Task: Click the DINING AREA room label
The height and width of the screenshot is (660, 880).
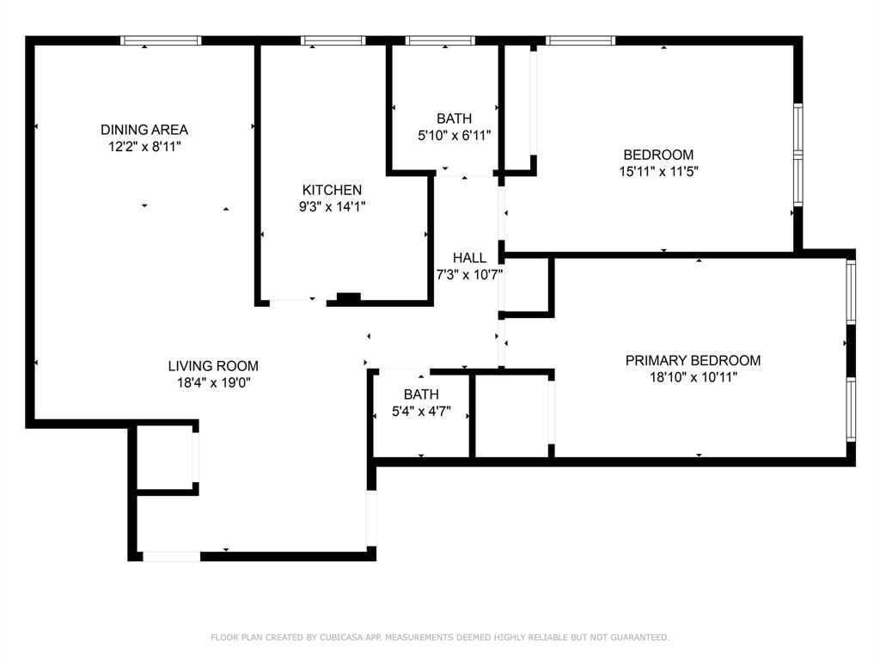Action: (x=144, y=130)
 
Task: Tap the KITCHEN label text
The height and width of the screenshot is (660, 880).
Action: (x=332, y=190)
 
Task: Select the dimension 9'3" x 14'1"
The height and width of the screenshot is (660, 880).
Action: (x=332, y=206)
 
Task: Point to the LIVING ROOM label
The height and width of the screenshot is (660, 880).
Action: (x=213, y=366)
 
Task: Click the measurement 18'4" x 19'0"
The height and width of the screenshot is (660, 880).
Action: (x=213, y=382)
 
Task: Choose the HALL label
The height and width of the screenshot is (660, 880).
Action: (x=469, y=258)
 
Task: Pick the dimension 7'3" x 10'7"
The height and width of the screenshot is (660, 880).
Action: (x=469, y=274)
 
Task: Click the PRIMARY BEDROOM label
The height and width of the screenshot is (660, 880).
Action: (x=693, y=361)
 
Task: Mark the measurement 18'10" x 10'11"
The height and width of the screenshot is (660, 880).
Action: (x=693, y=377)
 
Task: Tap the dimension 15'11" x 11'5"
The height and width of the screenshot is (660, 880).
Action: (x=658, y=171)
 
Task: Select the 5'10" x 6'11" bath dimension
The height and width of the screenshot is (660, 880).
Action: (x=454, y=135)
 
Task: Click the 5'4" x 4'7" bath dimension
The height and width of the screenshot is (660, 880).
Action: (x=421, y=411)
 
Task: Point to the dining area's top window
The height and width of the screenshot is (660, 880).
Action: (x=161, y=40)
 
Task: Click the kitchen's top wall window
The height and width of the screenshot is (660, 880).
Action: (x=333, y=40)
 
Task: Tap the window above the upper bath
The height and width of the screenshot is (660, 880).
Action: (x=439, y=40)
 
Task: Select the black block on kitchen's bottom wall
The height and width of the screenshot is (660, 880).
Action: (x=348, y=298)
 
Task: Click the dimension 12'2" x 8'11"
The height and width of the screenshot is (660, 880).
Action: (x=144, y=146)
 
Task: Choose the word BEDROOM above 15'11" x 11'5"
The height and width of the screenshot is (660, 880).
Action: (x=658, y=155)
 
